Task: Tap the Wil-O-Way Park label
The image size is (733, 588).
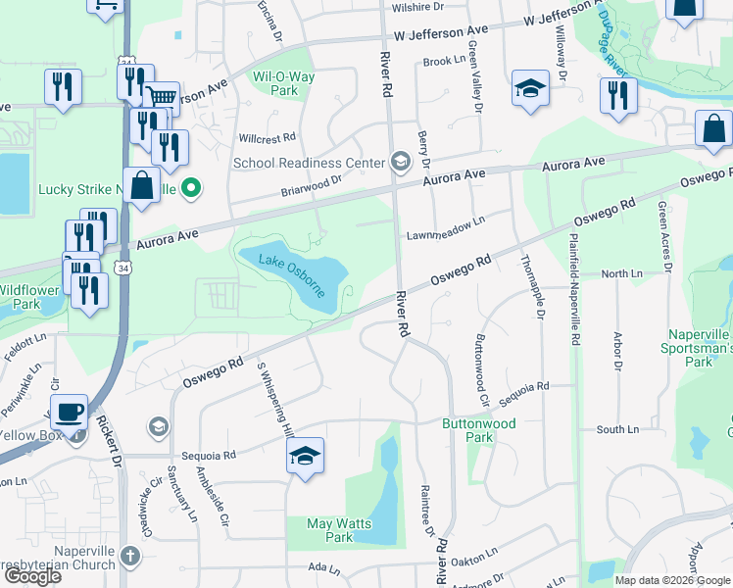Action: coord(275,83)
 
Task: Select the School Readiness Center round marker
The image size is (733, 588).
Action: coord(400,162)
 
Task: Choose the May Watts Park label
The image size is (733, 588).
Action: coord(339,530)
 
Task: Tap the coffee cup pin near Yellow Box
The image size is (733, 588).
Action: coord(69,413)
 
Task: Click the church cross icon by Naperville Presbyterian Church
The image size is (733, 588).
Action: coord(130,557)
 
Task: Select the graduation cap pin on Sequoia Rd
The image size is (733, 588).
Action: coord(306,456)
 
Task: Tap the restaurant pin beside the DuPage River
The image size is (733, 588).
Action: coord(618,96)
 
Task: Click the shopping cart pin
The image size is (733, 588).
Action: coord(162,98)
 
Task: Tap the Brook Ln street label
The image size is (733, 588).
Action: coord(444,61)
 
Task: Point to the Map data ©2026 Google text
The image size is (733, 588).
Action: coord(671,580)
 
